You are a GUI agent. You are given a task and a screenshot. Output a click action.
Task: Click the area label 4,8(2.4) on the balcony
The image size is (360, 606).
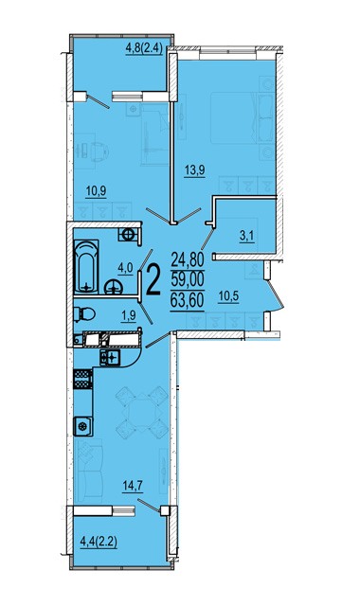coord(143,49)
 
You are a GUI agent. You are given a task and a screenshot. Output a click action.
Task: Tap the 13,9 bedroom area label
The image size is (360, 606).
coord(194,170)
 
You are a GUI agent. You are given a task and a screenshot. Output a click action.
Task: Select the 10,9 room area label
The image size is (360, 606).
coord(96,191)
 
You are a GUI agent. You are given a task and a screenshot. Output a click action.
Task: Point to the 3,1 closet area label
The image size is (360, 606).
coord(246,236)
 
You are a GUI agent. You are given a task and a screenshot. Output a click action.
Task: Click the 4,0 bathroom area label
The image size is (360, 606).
coord(125,268)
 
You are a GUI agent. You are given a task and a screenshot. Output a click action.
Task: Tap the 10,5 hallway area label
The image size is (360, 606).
coord(228,297)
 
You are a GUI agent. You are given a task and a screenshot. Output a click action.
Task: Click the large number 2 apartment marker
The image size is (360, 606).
coord(153,280)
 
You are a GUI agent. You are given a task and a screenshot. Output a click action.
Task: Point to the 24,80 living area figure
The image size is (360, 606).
coord(188,259)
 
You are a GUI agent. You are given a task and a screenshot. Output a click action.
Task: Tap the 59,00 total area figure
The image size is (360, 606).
coord(188,279)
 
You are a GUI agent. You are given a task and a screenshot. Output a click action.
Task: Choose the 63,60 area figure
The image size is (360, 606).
coord(188,300)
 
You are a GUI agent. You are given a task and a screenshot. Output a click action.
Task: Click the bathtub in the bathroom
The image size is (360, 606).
coord(86,267)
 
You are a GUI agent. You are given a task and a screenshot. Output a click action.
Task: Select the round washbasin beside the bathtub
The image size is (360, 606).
coord(114,287)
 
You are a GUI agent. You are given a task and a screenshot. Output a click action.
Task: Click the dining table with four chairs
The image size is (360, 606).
coord(143,412)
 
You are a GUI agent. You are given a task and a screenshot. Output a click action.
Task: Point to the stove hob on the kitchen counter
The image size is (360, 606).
coord(82,379)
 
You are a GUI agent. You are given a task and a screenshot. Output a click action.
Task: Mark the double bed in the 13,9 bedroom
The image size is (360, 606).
coord(234,117)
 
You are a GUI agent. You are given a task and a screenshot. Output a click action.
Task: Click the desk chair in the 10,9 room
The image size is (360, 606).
coord(99,150)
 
